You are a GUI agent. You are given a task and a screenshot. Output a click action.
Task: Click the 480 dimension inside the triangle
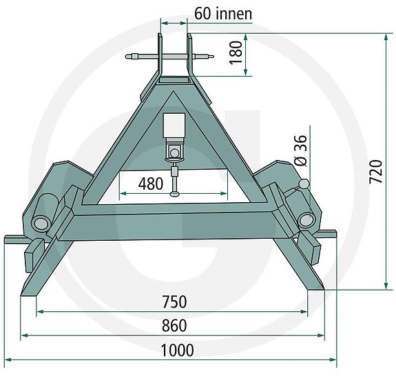coord(150,184)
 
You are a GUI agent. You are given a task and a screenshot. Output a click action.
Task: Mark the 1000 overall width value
coord(176,350)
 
